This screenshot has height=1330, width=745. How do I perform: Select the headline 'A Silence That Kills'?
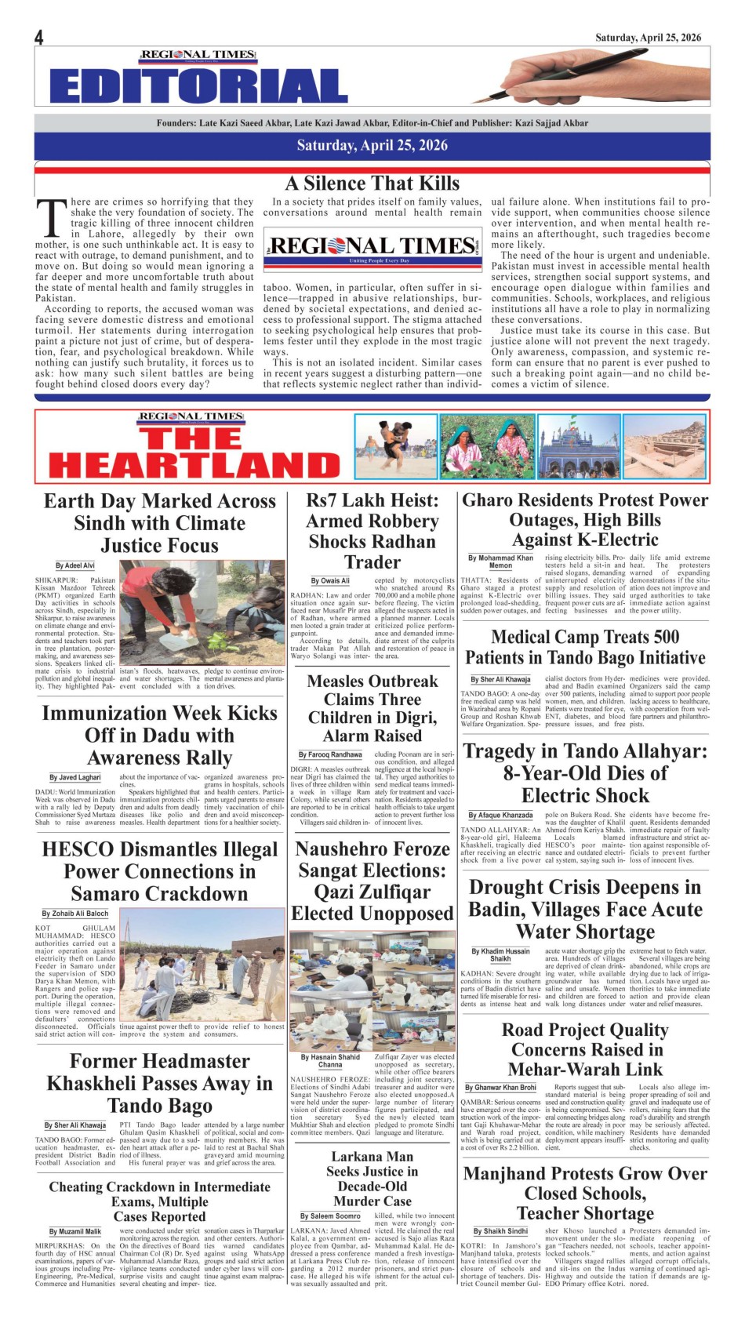coord(372,184)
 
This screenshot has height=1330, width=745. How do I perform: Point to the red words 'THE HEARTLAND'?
coord(193,453)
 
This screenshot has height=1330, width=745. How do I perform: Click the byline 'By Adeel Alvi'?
coord(75,565)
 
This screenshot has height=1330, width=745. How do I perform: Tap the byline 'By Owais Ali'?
coord(330,580)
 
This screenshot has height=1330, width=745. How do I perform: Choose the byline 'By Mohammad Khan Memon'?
coord(500,561)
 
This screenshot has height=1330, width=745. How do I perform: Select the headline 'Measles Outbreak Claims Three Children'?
coord(372,708)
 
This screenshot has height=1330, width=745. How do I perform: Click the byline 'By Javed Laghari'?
coord(75,777)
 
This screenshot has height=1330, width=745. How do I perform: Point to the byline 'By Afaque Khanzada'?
coord(500,816)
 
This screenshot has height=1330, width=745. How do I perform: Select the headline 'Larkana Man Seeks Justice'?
coord(372,1179)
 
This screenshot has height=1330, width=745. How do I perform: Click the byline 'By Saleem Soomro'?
coord(330,1216)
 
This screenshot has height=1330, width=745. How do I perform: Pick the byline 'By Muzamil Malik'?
coord(75,1232)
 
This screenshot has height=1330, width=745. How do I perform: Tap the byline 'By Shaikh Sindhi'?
coord(500,1231)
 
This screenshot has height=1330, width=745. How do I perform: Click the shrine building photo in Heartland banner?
coord(579,446)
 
